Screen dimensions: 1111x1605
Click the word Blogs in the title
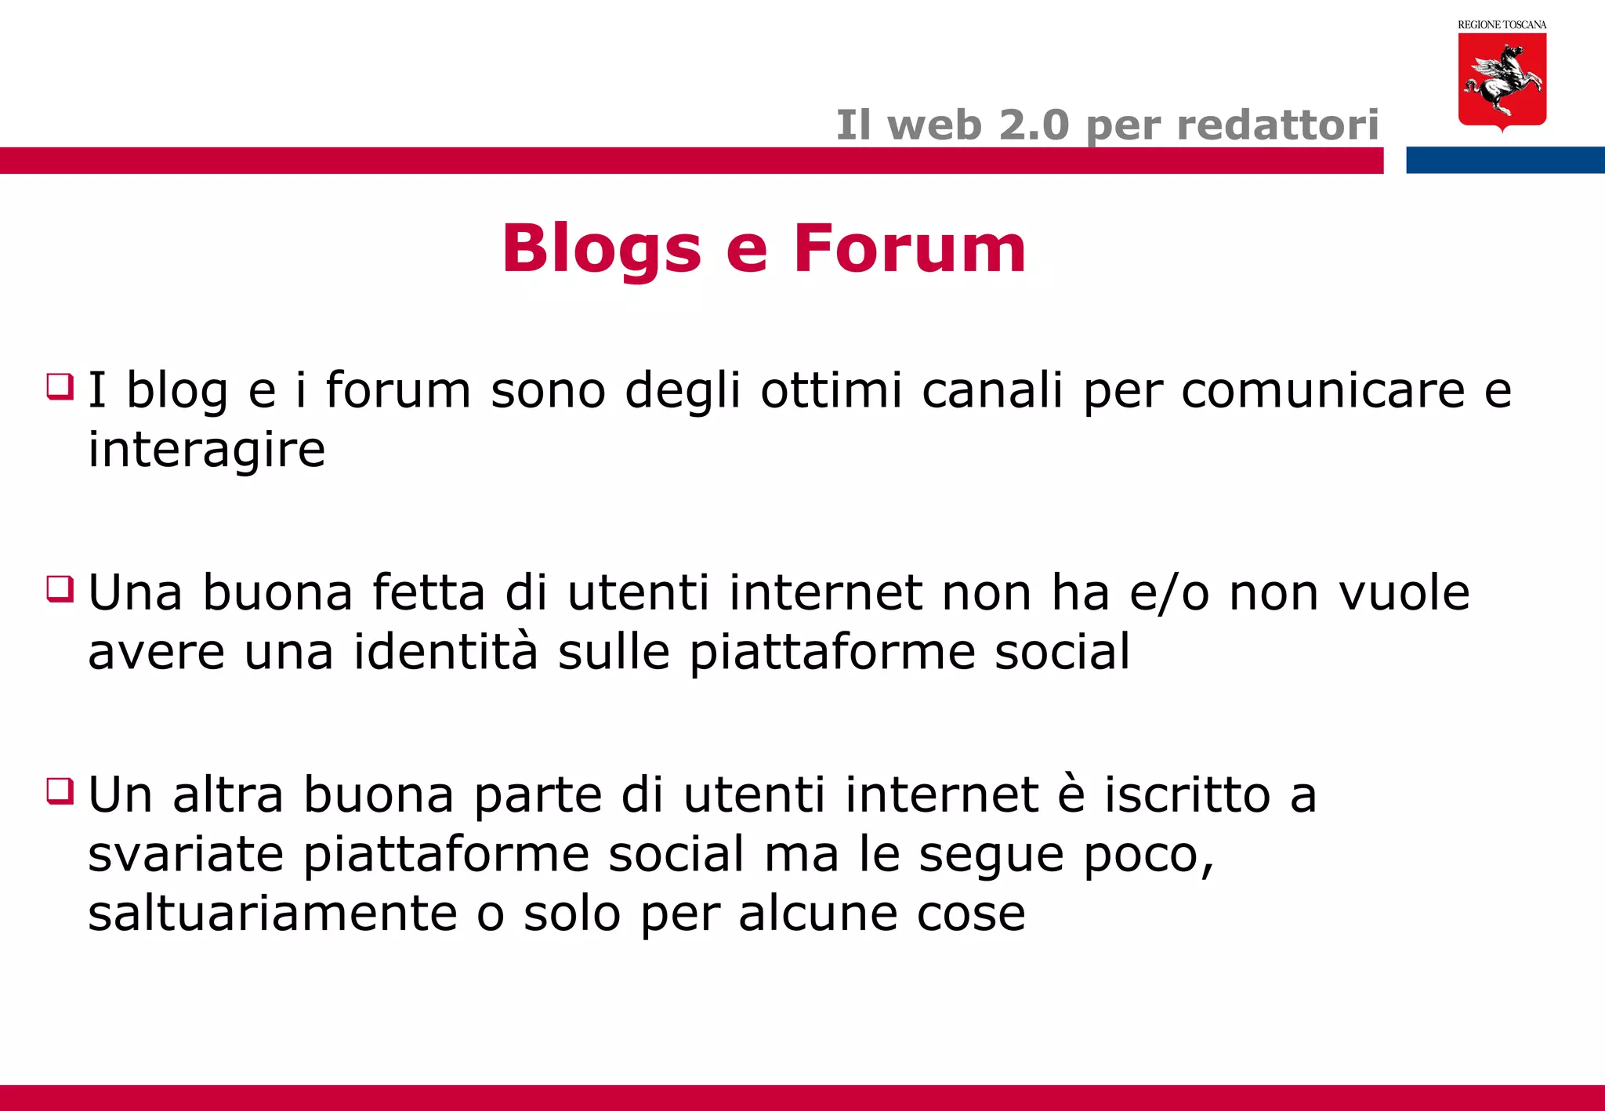tap(601, 249)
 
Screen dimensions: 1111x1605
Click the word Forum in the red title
tap(909, 249)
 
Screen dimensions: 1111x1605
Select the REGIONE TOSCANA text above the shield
tap(1502, 25)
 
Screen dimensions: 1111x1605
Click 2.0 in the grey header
tap(1034, 125)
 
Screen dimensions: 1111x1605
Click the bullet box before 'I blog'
tap(60, 386)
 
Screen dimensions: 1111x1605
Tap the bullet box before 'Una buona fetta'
tap(60, 588)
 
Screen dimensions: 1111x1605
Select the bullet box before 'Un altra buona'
tap(60, 791)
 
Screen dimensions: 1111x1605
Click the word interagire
tap(206, 451)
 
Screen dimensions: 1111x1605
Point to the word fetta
tap(429, 592)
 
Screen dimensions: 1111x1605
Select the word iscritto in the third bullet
tap(1187, 794)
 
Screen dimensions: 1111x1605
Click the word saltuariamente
tap(273, 914)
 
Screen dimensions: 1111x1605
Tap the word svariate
tap(186, 854)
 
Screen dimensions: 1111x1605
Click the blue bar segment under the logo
tap(1505, 160)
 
